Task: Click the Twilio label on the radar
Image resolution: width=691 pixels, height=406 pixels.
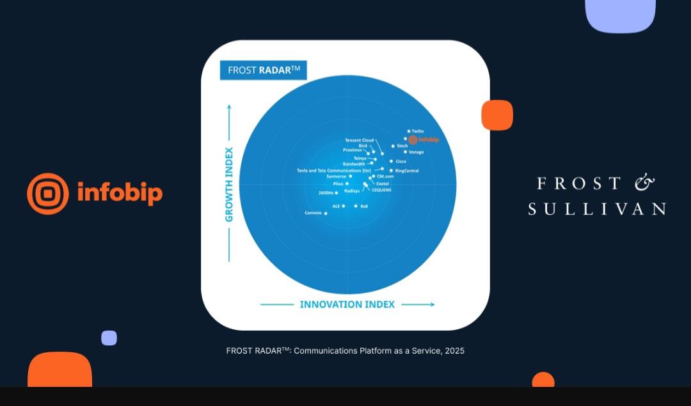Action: (x=418, y=131)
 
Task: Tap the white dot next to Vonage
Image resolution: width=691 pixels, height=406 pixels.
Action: (x=405, y=152)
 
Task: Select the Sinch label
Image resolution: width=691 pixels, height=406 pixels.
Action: (x=402, y=146)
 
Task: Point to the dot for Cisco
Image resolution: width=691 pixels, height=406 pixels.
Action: (x=392, y=161)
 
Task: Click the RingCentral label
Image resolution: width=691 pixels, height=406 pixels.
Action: (x=407, y=171)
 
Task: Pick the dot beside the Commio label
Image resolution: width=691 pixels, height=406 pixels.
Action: (x=326, y=213)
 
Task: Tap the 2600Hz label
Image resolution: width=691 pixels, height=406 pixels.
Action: (x=326, y=192)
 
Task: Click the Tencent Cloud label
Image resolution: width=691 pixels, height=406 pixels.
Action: (x=359, y=140)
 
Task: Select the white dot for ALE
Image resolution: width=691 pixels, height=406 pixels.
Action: (x=344, y=206)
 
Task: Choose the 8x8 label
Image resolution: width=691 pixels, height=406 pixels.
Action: (x=364, y=206)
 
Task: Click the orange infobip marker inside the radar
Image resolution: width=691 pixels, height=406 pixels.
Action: (x=413, y=139)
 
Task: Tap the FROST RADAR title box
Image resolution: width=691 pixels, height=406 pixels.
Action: (x=263, y=70)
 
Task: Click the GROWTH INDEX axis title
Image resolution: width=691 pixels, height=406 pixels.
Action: (x=229, y=184)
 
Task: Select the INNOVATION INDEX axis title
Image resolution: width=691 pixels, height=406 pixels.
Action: (x=347, y=304)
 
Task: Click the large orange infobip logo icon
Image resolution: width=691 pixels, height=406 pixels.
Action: (x=48, y=194)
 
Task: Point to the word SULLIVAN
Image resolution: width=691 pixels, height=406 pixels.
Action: (x=596, y=208)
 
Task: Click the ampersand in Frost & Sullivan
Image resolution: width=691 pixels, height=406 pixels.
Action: (x=644, y=183)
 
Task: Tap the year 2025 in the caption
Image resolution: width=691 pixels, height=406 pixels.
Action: (x=455, y=350)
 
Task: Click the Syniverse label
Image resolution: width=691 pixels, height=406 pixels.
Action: (x=335, y=176)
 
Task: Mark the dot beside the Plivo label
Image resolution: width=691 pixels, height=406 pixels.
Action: (x=347, y=183)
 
